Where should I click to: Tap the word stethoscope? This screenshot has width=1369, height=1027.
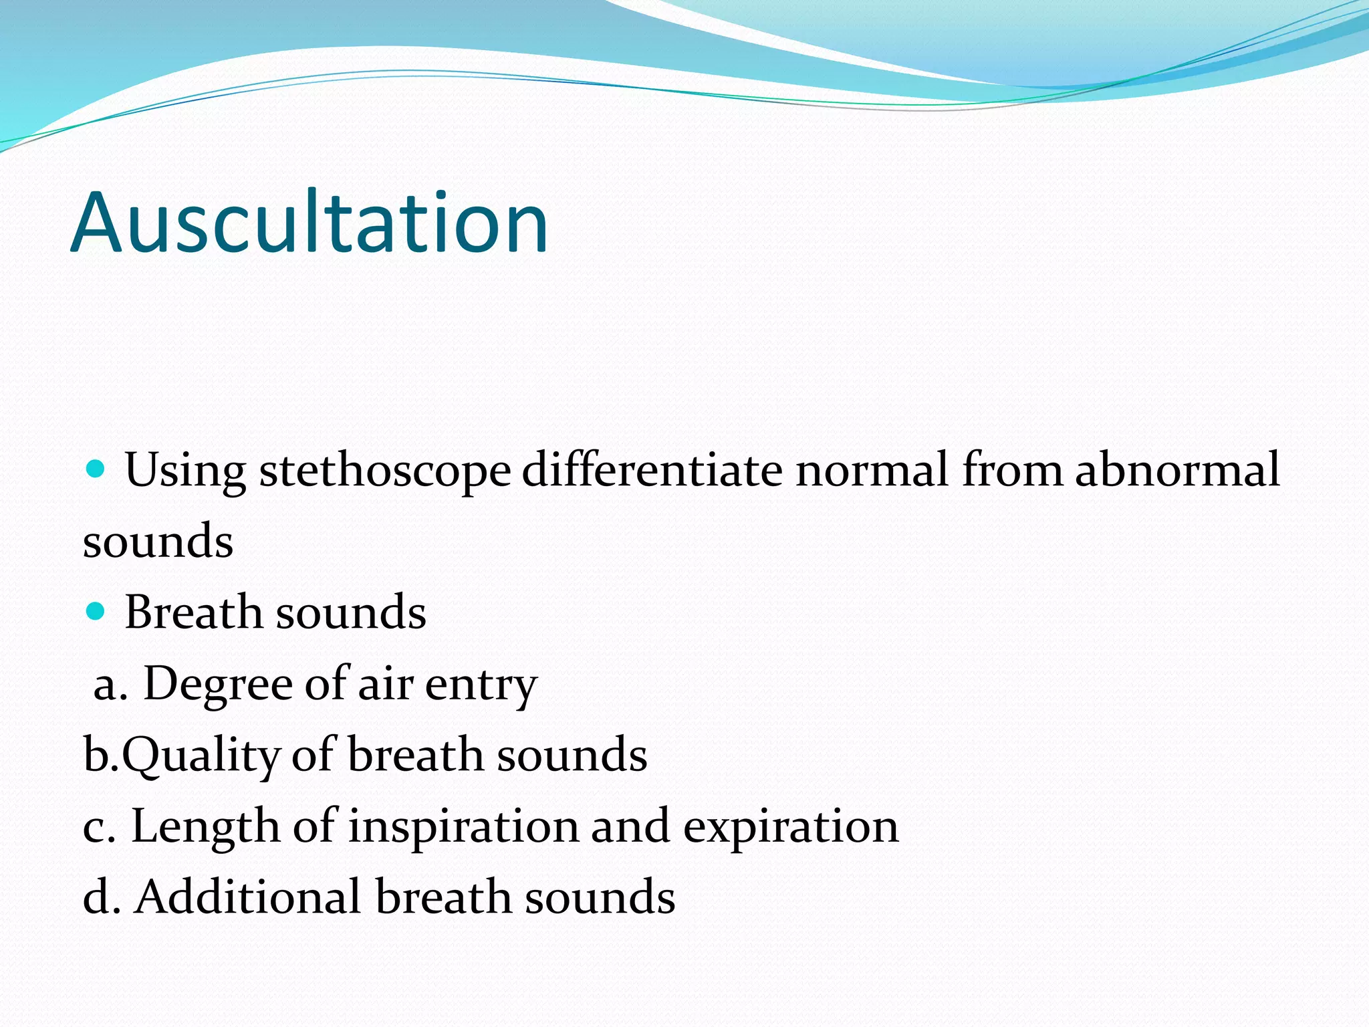(x=385, y=470)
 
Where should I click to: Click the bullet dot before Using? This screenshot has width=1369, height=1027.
(x=96, y=469)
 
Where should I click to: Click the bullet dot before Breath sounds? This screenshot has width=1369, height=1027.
(x=96, y=610)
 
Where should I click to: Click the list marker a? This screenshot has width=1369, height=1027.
(x=110, y=686)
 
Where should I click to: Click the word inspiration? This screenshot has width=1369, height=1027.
(x=463, y=826)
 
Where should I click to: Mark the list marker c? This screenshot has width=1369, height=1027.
(x=98, y=828)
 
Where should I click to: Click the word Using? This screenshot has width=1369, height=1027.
(x=185, y=470)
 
